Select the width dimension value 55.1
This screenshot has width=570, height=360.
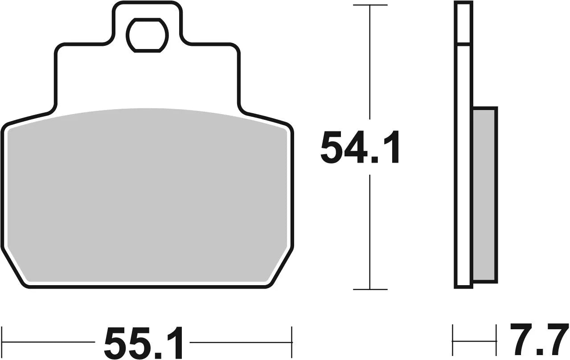click(144, 343)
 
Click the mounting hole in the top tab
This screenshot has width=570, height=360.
click(147, 34)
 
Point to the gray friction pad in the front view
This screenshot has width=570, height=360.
click(147, 196)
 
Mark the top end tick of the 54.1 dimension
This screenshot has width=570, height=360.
click(370, 5)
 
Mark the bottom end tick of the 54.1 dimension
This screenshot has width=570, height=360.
click(370, 289)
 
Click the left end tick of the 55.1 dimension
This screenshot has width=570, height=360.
click(2, 342)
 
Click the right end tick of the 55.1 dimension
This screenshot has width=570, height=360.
click(291, 342)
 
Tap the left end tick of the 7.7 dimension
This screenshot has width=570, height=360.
click(453, 342)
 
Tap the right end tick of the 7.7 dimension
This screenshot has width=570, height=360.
click(496, 342)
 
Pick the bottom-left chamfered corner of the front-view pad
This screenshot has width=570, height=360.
click(16, 274)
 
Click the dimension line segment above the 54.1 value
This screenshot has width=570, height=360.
click(370, 67)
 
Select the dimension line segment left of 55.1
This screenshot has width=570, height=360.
click(49, 342)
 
